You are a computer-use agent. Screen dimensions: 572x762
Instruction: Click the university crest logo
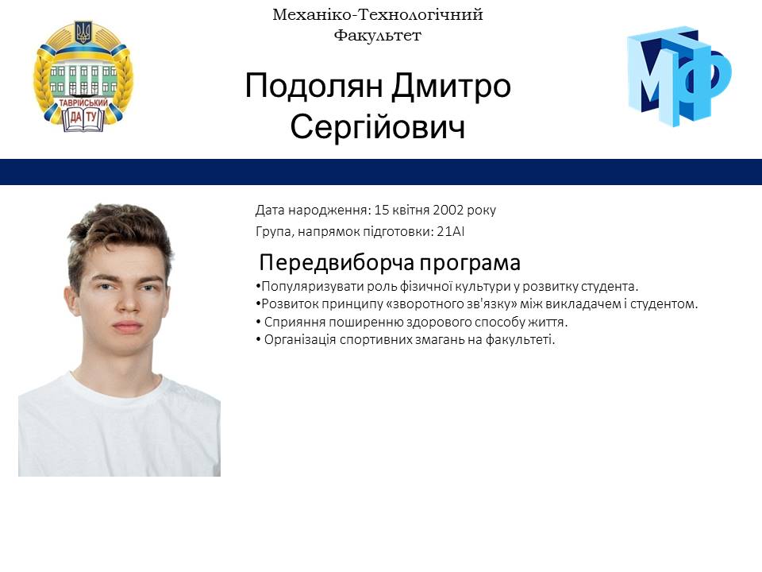pos(83,76)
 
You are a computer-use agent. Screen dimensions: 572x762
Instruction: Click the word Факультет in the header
pos(377,35)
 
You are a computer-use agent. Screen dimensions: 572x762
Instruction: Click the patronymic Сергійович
pos(377,127)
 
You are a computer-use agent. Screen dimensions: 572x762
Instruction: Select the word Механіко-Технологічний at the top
pos(377,15)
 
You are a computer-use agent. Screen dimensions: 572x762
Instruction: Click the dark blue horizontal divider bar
pos(381,172)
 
